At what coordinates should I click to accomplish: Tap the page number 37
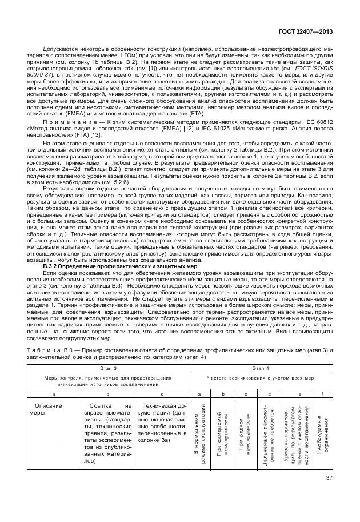(329, 478)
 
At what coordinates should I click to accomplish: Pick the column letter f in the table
(322, 394)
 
